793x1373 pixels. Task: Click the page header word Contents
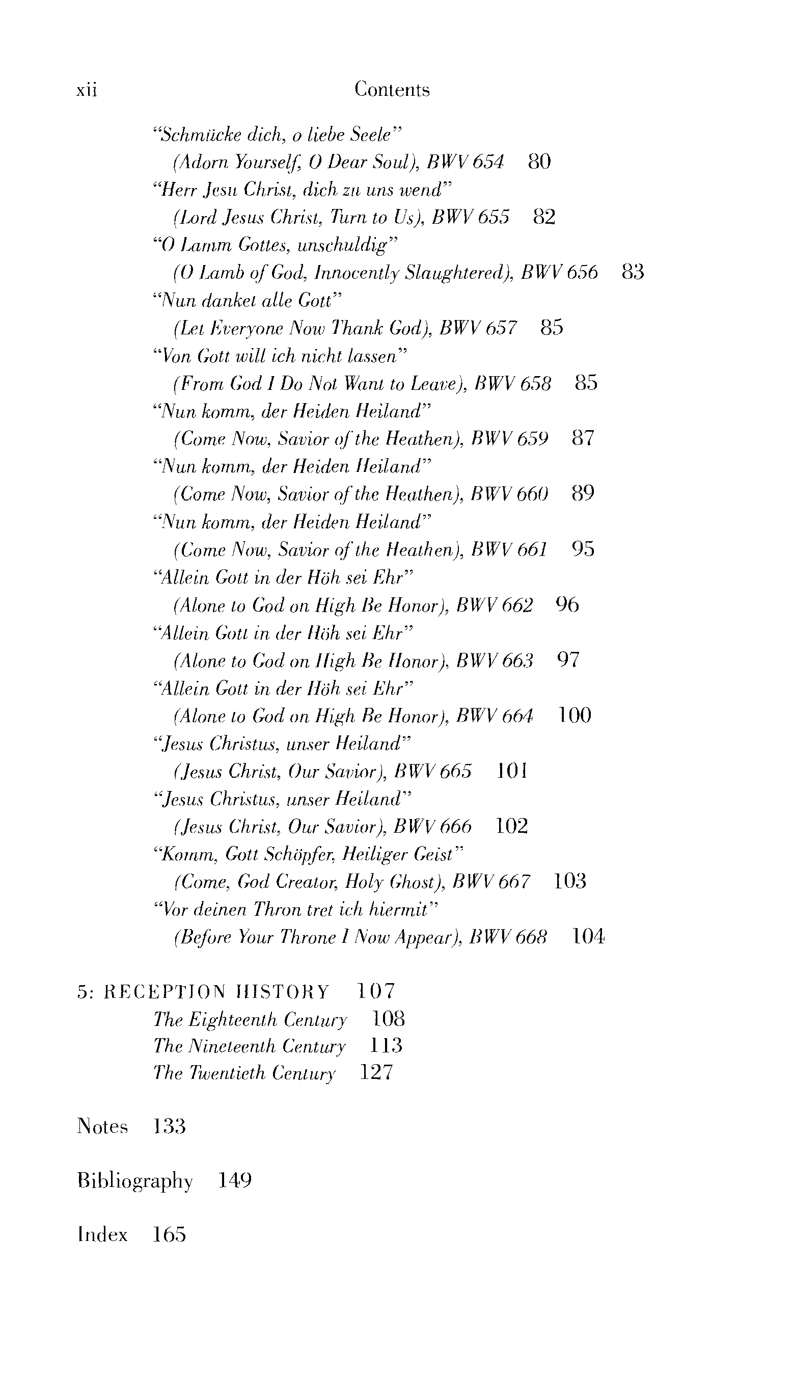coord(392,89)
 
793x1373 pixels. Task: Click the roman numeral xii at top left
coord(87,90)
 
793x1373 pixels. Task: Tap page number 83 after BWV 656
coord(633,272)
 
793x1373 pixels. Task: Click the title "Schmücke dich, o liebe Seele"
coord(277,134)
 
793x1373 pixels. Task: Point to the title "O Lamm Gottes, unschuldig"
coord(276,245)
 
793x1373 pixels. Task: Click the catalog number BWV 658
coord(512,384)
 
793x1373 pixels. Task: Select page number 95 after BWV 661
coord(583,549)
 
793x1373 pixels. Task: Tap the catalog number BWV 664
coord(495,716)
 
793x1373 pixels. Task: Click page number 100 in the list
coord(575,716)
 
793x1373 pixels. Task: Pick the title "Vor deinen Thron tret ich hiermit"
coord(296,909)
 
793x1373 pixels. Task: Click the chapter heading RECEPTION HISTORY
coord(216,992)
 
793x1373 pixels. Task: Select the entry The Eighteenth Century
coord(250,1019)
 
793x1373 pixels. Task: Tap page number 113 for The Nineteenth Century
coord(386,1046)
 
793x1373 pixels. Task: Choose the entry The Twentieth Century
coord(244,1073)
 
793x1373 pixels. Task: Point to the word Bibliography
coord(135,1181)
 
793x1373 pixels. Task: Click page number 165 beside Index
coord(169,1234)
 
